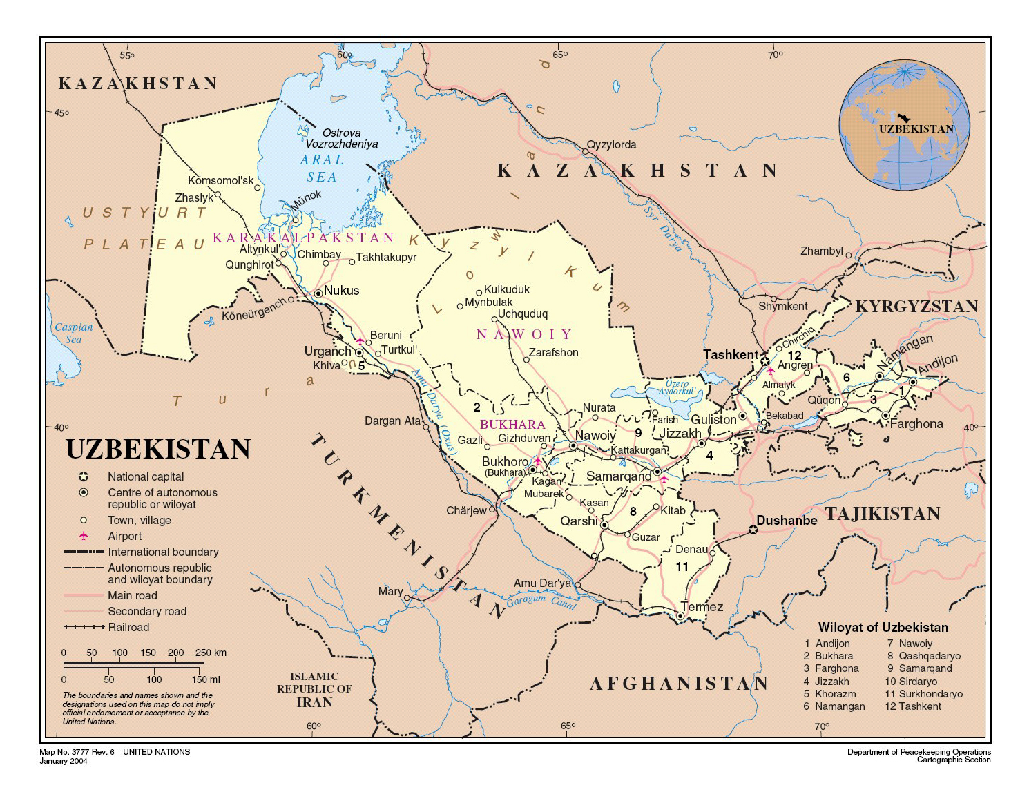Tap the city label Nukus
341,291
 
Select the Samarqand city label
618,476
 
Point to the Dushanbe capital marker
753,530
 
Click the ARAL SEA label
322,168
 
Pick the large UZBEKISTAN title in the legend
158,450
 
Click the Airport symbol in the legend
84,536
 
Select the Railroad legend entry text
128,627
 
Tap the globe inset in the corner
904,125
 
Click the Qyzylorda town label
611,145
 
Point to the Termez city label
702,607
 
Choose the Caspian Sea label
73,334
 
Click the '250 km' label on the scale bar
211,653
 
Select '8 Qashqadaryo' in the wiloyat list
923,656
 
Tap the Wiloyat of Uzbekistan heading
883,627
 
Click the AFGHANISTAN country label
679,684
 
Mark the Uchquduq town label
522,314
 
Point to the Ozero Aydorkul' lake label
677,387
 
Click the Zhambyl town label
821,251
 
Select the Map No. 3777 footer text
77,752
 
